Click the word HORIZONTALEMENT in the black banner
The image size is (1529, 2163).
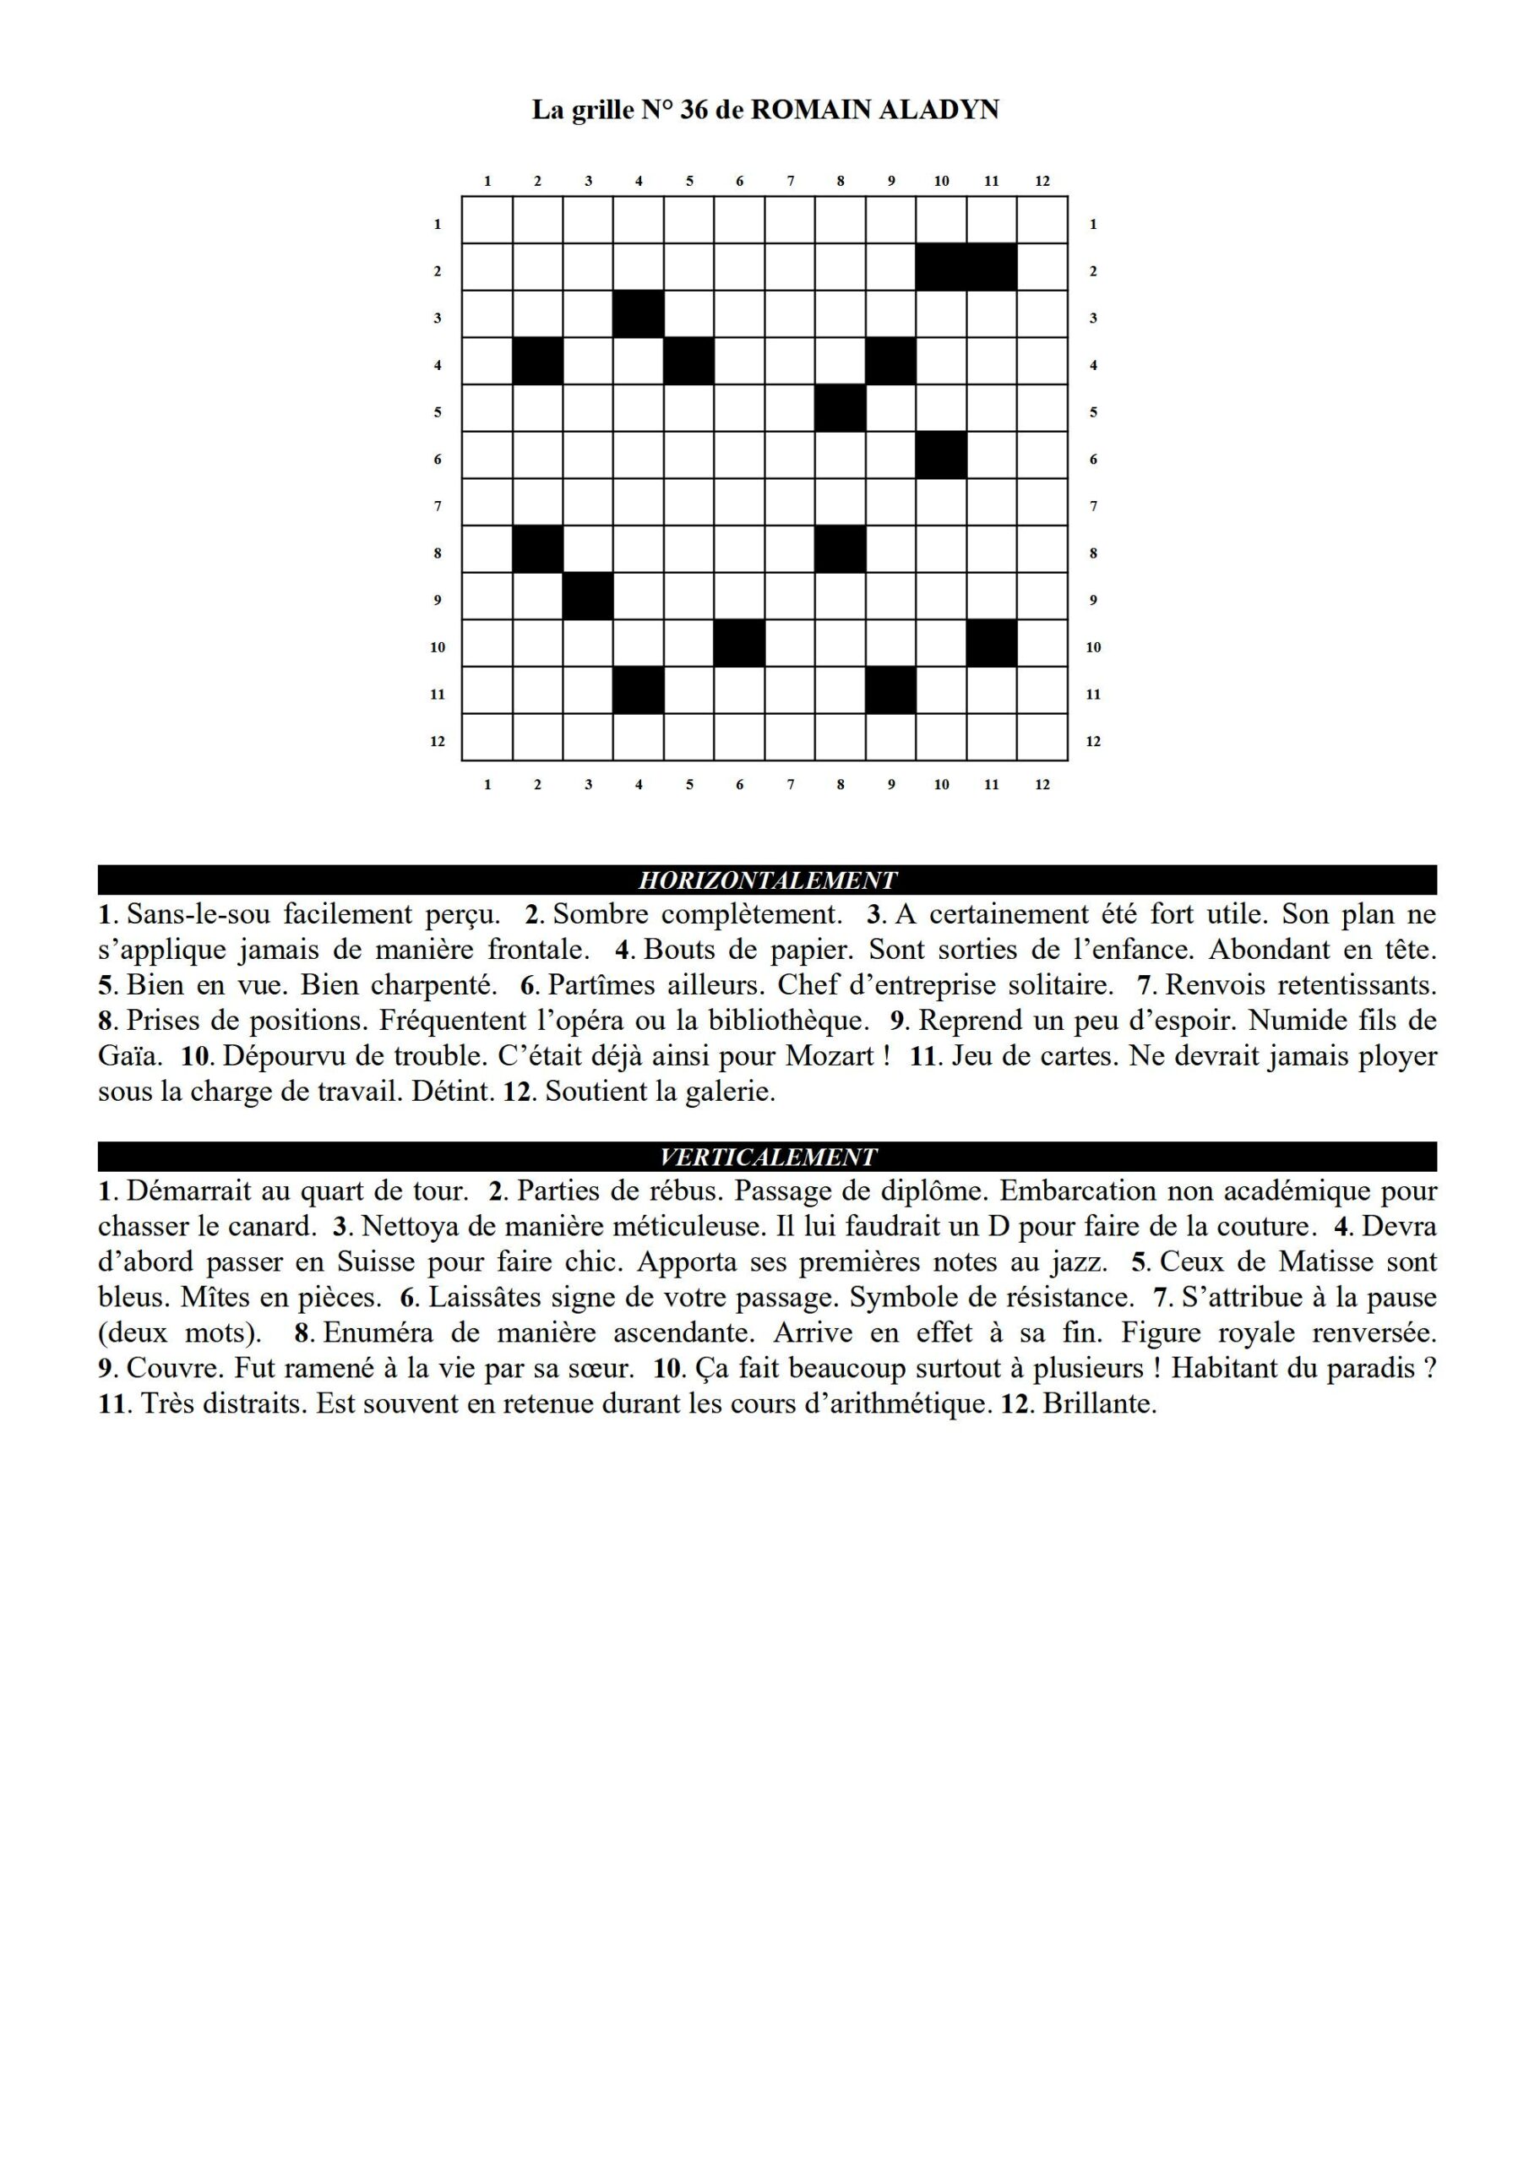click(x=767, y=880)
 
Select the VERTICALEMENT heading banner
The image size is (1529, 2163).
click(x=767, y=1157)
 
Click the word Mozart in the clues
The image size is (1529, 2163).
click(x=830, y=1056)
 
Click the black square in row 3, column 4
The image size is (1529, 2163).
click(x=639, y=314)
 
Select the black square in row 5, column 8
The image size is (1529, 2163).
click(x=841, y=409)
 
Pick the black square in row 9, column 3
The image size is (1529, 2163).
click(x=588, y=597)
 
